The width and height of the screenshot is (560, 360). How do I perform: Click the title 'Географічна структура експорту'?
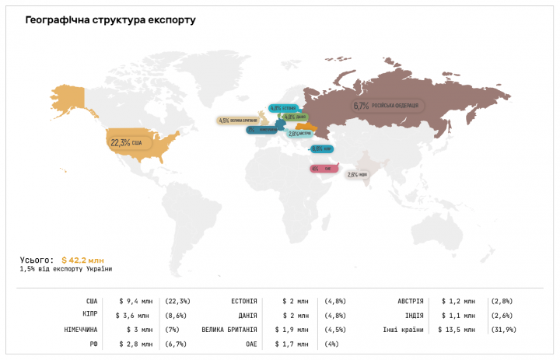110,19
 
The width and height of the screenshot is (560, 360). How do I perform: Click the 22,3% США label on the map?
127,142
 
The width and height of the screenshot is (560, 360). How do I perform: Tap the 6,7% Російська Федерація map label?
387,106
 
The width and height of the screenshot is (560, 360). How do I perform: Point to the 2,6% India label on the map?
358,174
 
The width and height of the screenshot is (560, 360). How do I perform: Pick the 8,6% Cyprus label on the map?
322,149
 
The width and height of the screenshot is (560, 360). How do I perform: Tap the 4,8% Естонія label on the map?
284,108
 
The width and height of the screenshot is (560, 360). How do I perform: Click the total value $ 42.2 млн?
82,260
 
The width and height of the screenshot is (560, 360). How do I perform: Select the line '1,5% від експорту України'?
66,269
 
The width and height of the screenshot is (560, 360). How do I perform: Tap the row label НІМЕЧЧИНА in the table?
82,329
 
